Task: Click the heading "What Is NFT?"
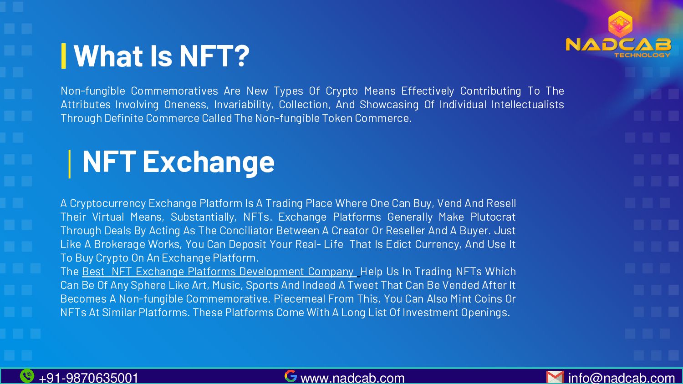(x=161, y=56)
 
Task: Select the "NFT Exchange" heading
(x=178, y=162)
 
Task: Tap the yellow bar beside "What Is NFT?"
(x=64, y=56)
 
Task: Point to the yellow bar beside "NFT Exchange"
(x=70, y=164)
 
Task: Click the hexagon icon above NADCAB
(x=620, y=24)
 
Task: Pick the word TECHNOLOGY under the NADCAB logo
(x=642, y=55)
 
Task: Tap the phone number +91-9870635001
(x=89, y=378)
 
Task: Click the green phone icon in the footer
(x=27, y=376)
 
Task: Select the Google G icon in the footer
(x=291, y=376)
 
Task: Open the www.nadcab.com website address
(x=352, y=378)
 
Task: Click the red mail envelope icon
(x=555, y=377)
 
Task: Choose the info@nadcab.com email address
(x=621, y=378)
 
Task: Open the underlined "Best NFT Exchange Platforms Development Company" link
(x=218, y=272)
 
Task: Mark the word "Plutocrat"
(x=493, y=217)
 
